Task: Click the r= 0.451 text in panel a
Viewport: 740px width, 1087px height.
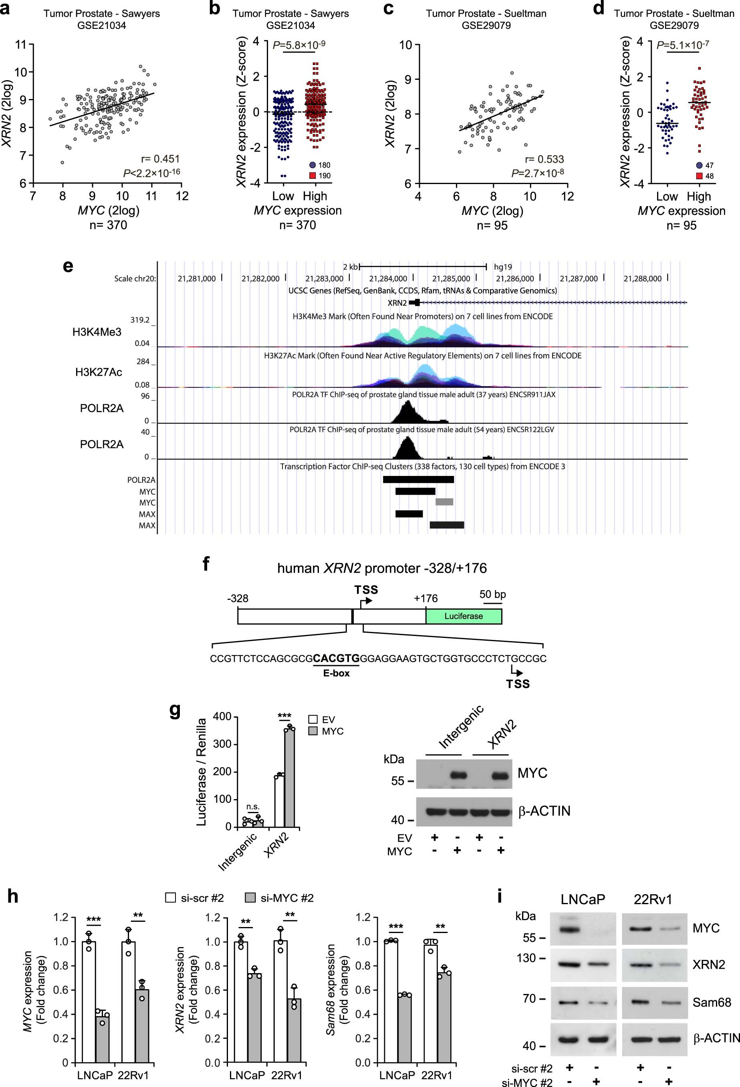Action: pyautogui.click(x=160, y=159)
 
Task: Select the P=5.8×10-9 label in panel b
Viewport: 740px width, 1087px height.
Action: pyautogui.click(x=299, y=45)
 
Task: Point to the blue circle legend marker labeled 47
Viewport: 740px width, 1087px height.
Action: pyautogui.click(x=699, y=165)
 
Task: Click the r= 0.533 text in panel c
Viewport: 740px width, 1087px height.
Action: pyautogui.click(x=544, y=159)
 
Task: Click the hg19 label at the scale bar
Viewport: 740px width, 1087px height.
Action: pyautogui.click(x=503, y=267)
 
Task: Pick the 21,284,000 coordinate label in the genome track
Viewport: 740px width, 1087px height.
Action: pyautogui.click(x=387, y=279)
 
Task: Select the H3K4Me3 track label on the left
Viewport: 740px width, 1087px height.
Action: pyautogui.click(x=97, y=332)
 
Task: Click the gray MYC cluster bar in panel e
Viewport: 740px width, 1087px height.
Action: pyautogui.click(x=444, y=502)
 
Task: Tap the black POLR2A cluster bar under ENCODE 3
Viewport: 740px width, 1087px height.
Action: pyautogui.click(x=418, y=480)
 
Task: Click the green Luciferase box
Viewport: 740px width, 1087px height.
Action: pyautogui.click(x=463, y=616)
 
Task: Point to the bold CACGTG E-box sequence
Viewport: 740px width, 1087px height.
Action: pyautogui.click(x=336, y=658)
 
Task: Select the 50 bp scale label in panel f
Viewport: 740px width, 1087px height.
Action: pyautogui.click(x=492, y=595)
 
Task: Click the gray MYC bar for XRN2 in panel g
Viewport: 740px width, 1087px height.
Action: pyautogui.click(x=290, y=777)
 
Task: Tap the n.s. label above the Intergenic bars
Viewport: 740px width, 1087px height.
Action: pyautogui.click(x=253, y=807)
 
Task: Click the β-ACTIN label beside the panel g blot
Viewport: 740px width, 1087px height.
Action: pyautogui.click(x=544, y=811)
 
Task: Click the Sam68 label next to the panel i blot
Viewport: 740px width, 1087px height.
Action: pyautogui.click(x=712, y=1002)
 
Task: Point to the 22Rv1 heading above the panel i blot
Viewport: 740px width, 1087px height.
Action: pyautogui.click(x=653, y=899)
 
